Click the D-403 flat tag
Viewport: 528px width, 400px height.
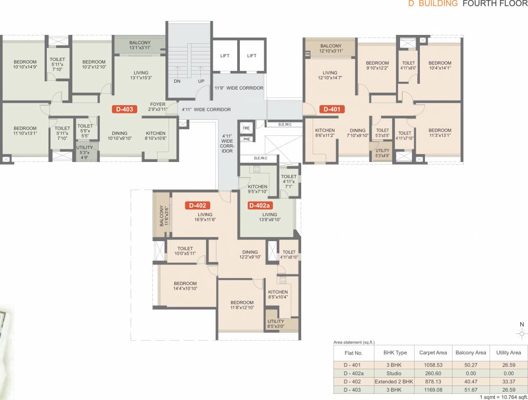tap(125, 109)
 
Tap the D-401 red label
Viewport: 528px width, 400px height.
tap(332, 109)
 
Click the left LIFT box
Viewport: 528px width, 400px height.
tap(225, 55)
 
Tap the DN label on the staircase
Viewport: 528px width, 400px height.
tap(177, 81)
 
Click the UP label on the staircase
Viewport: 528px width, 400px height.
tap(201, 81)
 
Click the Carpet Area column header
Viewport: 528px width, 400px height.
tap(433, 353)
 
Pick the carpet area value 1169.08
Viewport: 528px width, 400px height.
tap(433, 389)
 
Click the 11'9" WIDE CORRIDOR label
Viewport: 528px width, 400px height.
tap(239, 88)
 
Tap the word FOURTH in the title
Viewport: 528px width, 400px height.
tap(478, 4)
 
